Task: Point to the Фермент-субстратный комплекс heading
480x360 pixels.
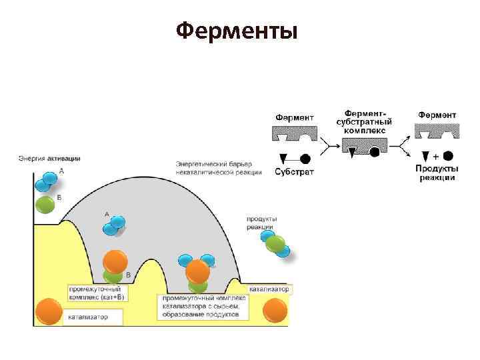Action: tap(364, 122)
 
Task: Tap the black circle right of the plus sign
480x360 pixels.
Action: tap(448, 156)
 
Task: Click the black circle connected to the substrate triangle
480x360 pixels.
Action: tap(305, 159)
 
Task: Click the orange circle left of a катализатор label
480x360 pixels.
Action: tap(48, 311)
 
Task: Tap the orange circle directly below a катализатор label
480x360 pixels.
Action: tap(275, 309)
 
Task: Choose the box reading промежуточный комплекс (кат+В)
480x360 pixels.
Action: tap(97, 293)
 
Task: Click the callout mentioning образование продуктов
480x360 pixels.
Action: tap(203, 305)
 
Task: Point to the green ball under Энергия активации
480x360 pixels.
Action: tap(45, 204)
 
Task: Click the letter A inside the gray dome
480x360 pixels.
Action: tap(106, 213)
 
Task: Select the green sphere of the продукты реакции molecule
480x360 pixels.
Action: tap(275, 245)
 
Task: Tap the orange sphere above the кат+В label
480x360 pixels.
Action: tap(115, 261)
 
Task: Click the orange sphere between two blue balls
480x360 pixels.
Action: tap(197, 271)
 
